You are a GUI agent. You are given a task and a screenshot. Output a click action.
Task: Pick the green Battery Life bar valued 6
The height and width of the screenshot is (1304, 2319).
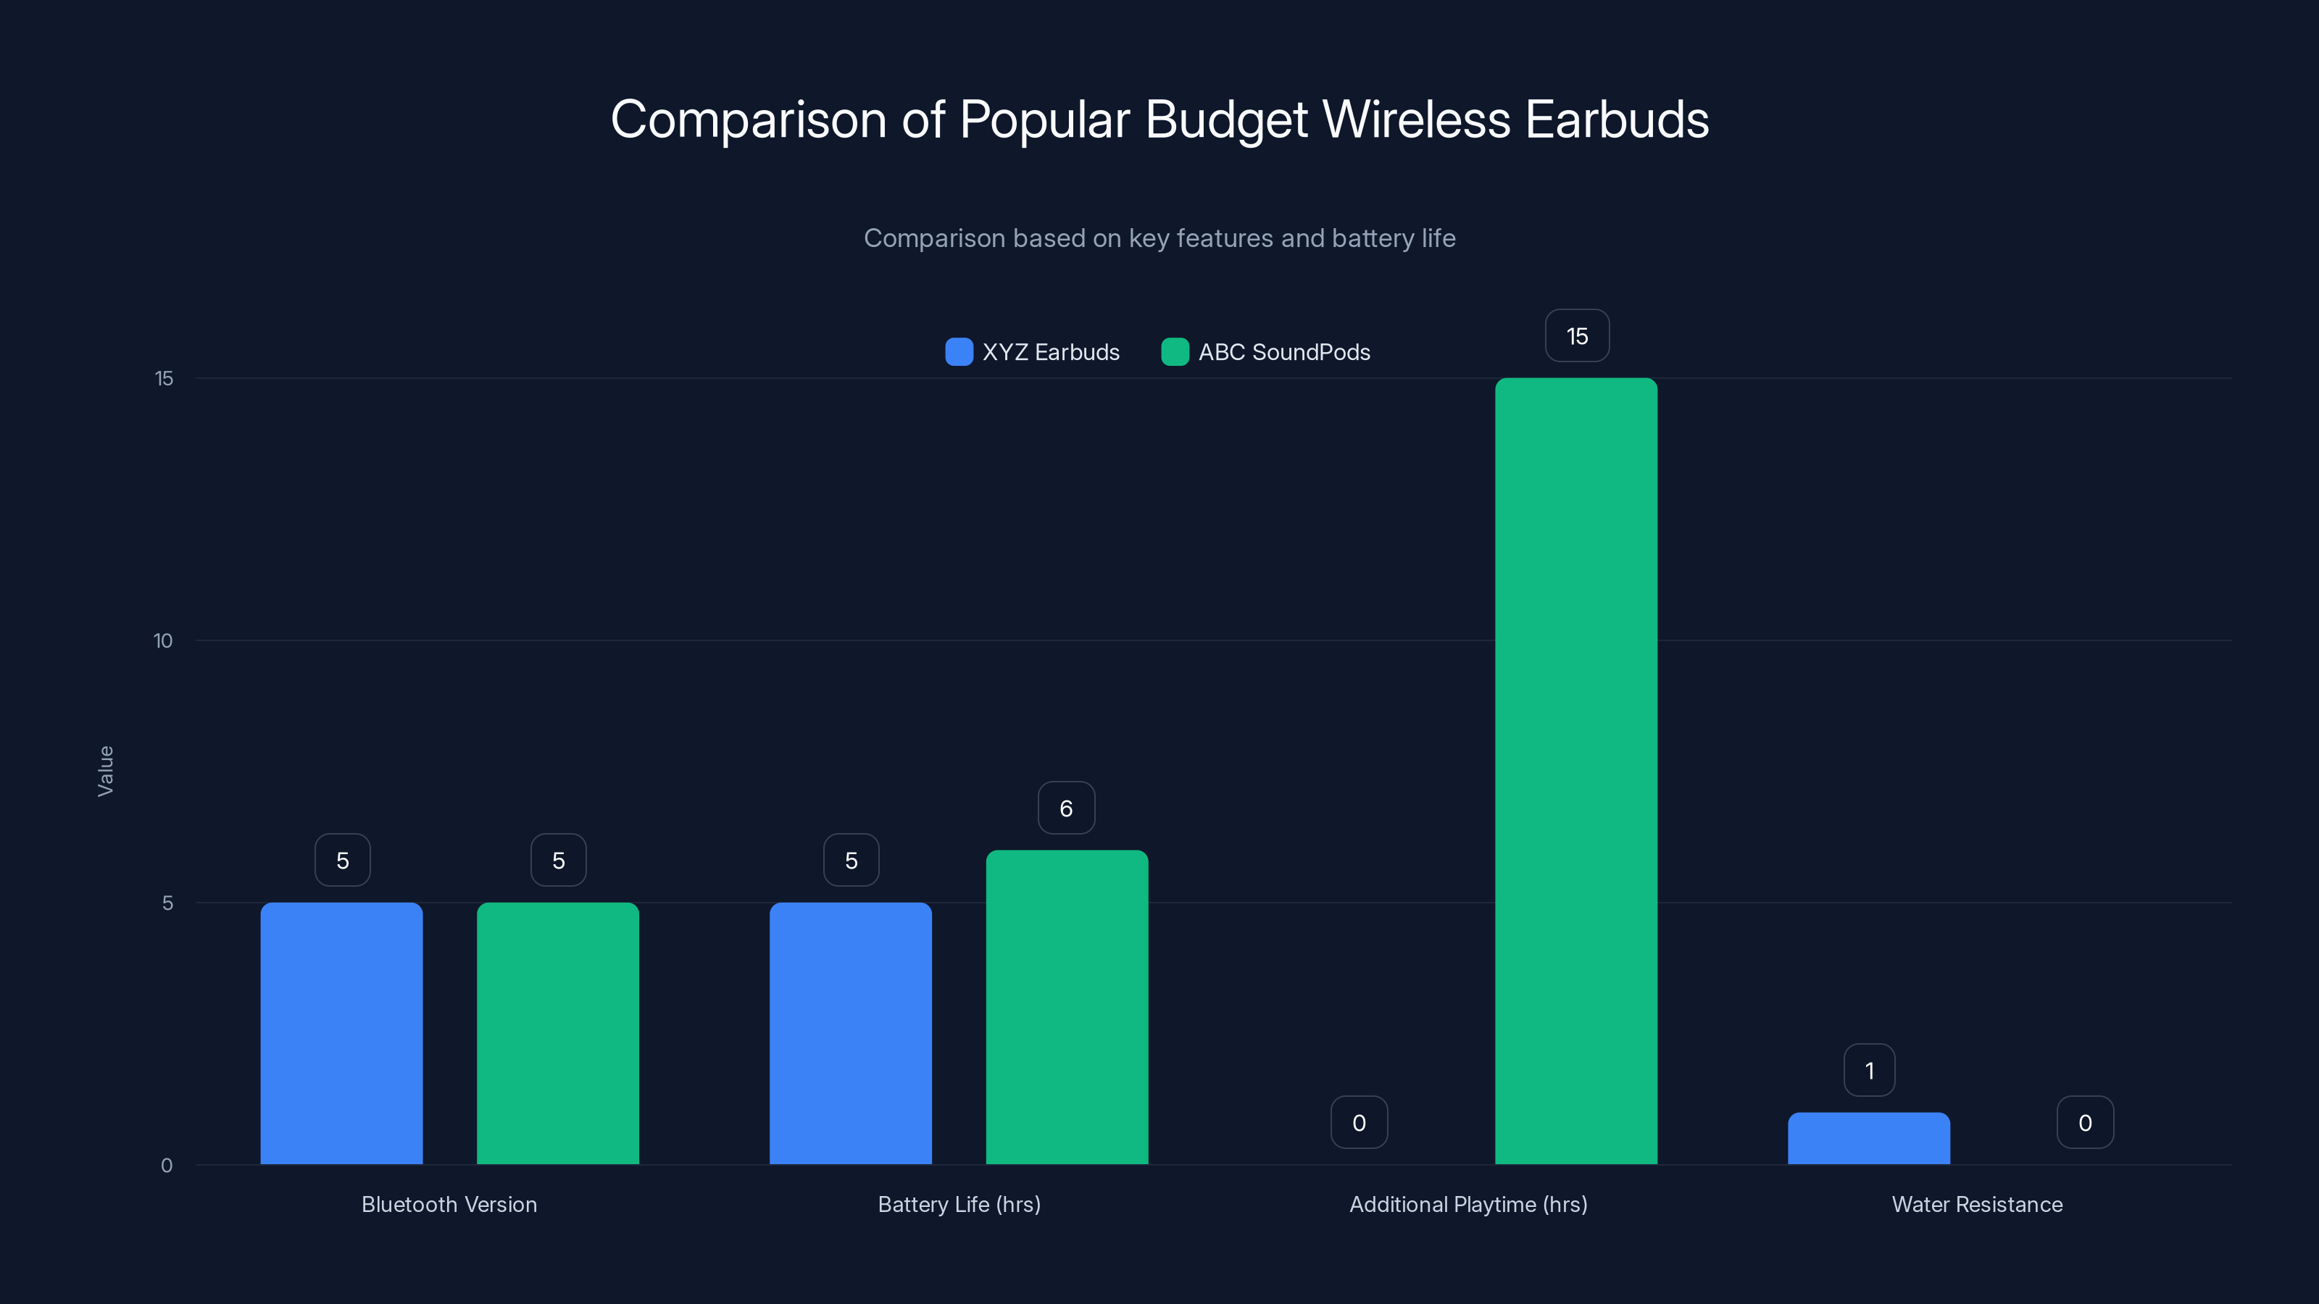(1067, 1007)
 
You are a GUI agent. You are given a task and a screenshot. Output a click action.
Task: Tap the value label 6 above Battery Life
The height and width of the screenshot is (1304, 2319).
(1066, 808)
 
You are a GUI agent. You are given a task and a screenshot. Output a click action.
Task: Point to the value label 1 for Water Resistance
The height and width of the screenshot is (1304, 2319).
(1869, 1071)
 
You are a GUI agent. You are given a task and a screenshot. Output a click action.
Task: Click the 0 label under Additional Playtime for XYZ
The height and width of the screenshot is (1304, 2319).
(1359, 1123)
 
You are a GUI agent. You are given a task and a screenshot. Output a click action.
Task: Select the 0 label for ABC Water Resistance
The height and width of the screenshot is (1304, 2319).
(2085, 1123)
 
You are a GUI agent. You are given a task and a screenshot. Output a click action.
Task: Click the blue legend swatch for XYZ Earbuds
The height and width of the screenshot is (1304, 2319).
(959, 352)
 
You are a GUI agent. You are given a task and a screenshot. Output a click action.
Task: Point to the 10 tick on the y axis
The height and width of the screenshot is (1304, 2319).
(163, 640)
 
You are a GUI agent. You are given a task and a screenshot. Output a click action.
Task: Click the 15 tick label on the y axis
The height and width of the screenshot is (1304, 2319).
(164, 379)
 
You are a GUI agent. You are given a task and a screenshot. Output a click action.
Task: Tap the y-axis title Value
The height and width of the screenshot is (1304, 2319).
(105, 772)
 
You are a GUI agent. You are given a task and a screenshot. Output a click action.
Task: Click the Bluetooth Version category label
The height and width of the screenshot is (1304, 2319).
(449, 1204)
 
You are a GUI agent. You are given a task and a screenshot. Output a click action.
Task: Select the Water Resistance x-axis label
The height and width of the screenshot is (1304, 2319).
(1977, 1204)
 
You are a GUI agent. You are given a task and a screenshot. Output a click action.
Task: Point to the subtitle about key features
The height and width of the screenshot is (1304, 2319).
(1159, 238)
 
